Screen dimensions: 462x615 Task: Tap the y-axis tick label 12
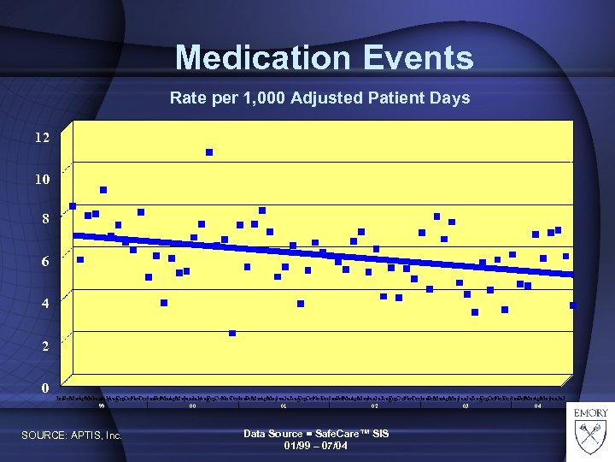click(41, 138)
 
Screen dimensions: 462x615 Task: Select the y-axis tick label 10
click(41, 180)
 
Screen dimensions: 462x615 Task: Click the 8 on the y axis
click(45, 219)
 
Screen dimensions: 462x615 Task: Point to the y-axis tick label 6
click(45, 262)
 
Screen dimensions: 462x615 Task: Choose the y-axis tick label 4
click(45, 304)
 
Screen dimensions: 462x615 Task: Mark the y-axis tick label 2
click(45, 346)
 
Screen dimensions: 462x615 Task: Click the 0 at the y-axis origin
click(45, 388)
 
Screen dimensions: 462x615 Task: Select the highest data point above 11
click(209, 152)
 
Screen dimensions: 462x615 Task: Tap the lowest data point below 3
click(232, 334)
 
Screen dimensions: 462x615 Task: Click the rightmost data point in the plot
click(573, 305)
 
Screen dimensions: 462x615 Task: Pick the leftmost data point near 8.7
click(73, 206)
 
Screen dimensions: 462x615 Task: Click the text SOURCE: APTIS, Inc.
click(72, 437)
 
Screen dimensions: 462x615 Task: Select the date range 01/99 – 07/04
click(315, 446)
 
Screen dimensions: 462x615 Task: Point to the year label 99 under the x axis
click(101, 406)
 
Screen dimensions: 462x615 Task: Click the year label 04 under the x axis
click(537, 406)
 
